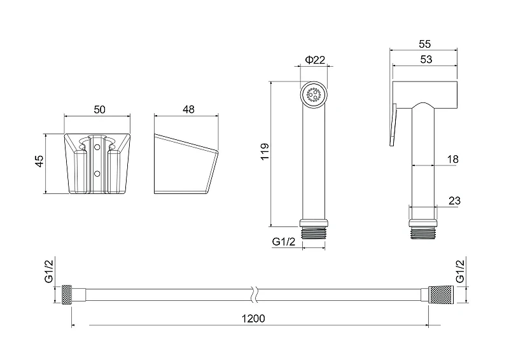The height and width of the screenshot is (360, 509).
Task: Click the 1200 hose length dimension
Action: (x=253, y=319)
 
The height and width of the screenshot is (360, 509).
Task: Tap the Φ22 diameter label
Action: (x=315, y=60)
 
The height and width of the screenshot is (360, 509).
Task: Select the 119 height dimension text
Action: (x=265, y=151)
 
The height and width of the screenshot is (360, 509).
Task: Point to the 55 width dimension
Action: (x=424, y=44)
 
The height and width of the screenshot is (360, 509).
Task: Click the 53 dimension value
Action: (x=426, y=59)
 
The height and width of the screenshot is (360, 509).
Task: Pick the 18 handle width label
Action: (x=452, y=159)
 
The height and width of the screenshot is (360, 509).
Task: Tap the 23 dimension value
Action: (x=454, y=200)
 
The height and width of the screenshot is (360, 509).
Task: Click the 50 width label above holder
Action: (x=100, y=110)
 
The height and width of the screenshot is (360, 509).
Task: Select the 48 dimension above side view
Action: (x=188, y=109)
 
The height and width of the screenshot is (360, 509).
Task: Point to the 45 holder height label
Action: (x=39, y=162)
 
